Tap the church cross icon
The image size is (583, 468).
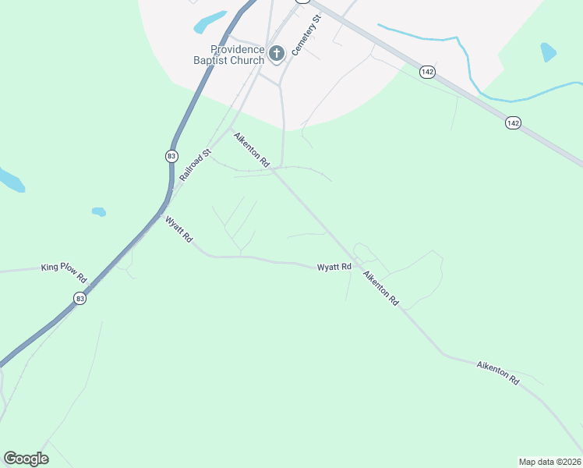tap(276, 53)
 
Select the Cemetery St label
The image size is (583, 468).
tap(306, 35)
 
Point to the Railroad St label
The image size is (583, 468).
tap(196, 165)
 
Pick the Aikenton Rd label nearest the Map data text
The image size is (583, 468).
tap(498, 371)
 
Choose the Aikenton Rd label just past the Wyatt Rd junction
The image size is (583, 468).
tap(381, 288)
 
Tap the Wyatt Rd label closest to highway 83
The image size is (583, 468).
tap(178, 229)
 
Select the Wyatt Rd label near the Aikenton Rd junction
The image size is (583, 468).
tap(334, 268)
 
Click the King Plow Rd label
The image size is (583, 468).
tap(64, 267)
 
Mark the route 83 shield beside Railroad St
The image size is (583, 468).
tap(171, 156)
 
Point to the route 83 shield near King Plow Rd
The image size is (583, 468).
tap(79, 298)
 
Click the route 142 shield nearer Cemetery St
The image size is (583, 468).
tap(426, 72)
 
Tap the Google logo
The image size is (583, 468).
tap(26, 458)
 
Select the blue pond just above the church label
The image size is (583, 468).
tap(210, 21)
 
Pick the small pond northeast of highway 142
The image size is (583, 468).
tap(549, 52)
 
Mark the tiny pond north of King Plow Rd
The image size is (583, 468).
tap(98, 211)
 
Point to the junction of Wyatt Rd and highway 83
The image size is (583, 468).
tap(159, 219)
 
